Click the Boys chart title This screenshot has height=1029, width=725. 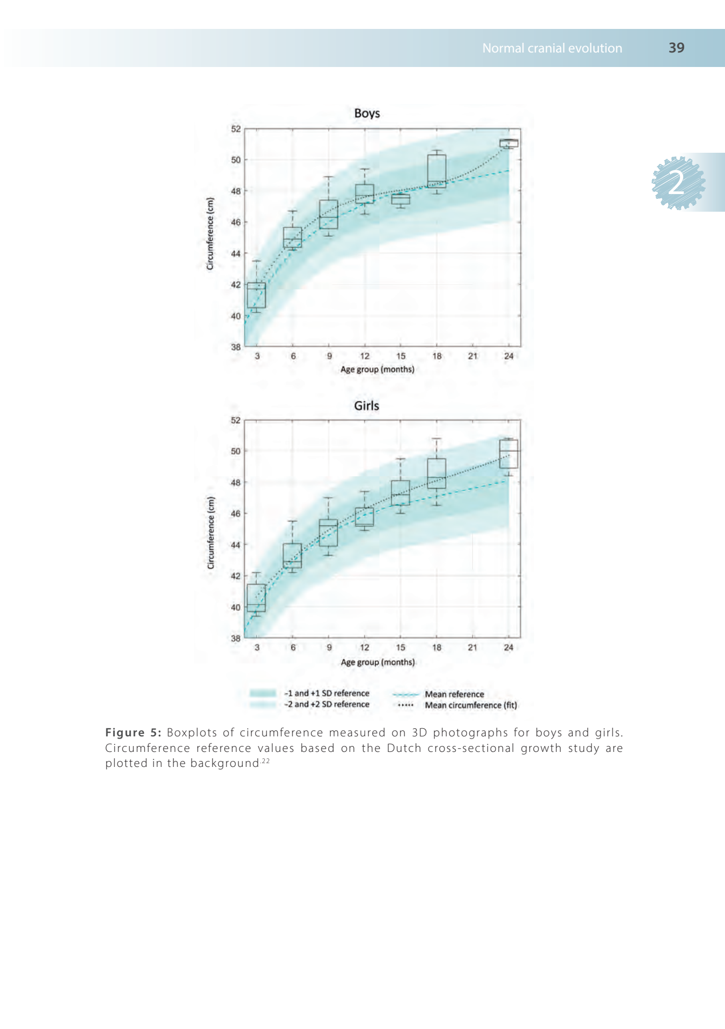click(x=367, y=114)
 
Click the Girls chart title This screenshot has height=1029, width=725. click(x=366, y=406)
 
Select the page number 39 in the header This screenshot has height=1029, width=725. click(x=676, y=48)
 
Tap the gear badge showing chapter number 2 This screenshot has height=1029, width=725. click(x=678, y=183)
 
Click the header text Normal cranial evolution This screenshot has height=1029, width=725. click(x=552, y=48)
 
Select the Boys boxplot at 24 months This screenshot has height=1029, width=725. click(x=508, y=143)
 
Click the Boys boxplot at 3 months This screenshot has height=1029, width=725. click(x=256, y=295)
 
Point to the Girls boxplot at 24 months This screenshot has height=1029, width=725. click(x=508, y=453)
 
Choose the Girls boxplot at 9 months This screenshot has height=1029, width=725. click(x=328, y=533)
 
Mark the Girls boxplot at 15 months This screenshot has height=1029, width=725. click(x=400, y=493)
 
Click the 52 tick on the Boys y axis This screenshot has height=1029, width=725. click(x=236, y=129)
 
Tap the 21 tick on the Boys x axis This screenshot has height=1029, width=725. click(x=472, y=356)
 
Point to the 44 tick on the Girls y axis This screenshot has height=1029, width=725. click(x=236, y=545)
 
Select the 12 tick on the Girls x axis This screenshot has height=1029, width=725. click(x=365, y=647)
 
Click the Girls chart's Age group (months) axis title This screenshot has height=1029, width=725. click(x=378, y=662)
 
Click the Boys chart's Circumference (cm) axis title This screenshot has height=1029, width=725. click(x=210, y=234)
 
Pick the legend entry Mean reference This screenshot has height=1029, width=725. click(x=454, y=694)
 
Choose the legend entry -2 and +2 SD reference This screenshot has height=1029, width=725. click(x=327, y=704)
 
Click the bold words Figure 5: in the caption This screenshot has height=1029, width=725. click(x=133, y=733)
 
